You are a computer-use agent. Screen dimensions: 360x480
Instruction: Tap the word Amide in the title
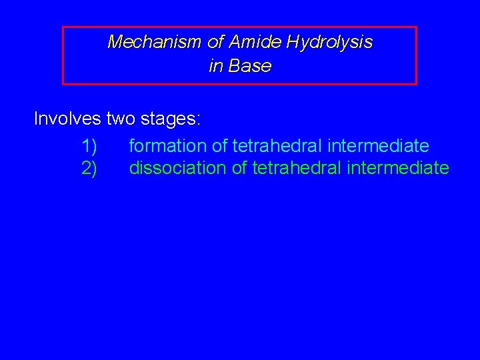click(256, 43)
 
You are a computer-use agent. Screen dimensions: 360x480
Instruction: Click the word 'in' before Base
click(216, 66)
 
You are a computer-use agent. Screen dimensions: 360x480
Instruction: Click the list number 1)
click(89, 145)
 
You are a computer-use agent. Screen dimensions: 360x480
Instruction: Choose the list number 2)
click(89, 168)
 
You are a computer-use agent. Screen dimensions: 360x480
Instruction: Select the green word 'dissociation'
click(178, 168)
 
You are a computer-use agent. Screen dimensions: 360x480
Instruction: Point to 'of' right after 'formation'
click(219, 145)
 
